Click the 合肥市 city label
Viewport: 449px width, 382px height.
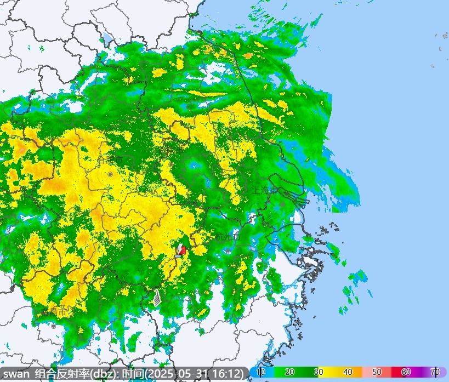pos(110,161)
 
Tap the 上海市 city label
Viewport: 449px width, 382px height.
pos(265,191)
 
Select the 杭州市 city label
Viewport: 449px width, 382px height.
pos(228,237)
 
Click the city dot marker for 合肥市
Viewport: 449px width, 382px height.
pos(110,174)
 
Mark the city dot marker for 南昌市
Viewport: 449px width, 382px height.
pos(53,326)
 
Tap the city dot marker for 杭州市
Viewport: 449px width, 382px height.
pos(227,250)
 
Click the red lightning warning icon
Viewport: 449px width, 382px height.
pos(181,249)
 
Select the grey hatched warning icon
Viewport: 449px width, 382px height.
pos(157,297)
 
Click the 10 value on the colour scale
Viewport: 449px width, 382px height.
pos(260,373)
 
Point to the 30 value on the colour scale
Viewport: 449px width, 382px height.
pos(319,373)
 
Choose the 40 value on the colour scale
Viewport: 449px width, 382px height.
pos(348,373)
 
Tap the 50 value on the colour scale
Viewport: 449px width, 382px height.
pos(377,373)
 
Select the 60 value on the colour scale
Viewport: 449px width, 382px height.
pos(406,373)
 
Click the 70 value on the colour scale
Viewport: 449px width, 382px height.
pos(435,373)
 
